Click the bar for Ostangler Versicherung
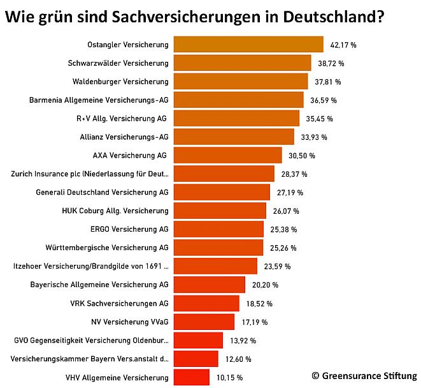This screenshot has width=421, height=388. coord(248,45)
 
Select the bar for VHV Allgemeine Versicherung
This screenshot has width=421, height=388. coord(191,377)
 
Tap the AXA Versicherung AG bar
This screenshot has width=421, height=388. coord(227,156)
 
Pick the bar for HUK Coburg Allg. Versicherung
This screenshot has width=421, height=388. coord(220,211)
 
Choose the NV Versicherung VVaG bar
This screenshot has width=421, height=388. coord(204,322)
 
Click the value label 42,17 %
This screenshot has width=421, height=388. coord(343,45)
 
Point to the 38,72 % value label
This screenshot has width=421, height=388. coord(331,64)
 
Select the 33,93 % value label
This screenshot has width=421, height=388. coord(314,137)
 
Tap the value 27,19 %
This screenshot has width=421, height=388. coord(290,193)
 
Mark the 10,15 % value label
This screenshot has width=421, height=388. coord(229,377)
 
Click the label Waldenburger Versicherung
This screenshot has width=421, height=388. coord(120,82)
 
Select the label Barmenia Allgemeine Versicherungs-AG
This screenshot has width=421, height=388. coord(99,100)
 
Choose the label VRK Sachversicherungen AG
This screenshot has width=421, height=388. coord(119,303)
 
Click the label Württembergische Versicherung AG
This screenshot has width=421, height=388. coord(107,248)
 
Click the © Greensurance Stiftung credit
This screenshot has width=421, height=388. coord(364,376)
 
